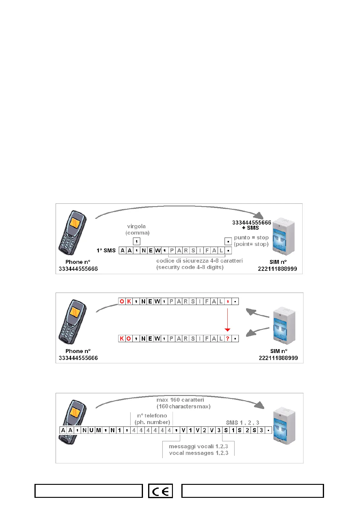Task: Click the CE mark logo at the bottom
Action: point(161,491)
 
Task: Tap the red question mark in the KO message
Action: point(228,339)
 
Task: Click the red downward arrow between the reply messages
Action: point(228,320)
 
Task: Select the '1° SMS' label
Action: point(106,251)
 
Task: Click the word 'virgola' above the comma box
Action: point(136,226)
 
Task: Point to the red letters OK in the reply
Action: point(125,301)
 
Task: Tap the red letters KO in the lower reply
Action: point(125,339)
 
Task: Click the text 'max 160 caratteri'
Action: point(180,400)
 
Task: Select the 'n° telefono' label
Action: point(152,416)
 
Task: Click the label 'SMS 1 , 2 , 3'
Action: point(242,423)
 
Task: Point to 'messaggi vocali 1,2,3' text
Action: point(198,446)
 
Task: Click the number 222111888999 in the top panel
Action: point(277,269)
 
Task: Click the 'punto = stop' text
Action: point(251,238)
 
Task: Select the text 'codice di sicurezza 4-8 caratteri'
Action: point(199,261)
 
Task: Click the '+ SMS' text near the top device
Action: point(251,228)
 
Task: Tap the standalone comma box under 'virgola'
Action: point(137,241)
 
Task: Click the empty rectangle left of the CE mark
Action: point(89,491)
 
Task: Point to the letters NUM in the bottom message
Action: point(92,430)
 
